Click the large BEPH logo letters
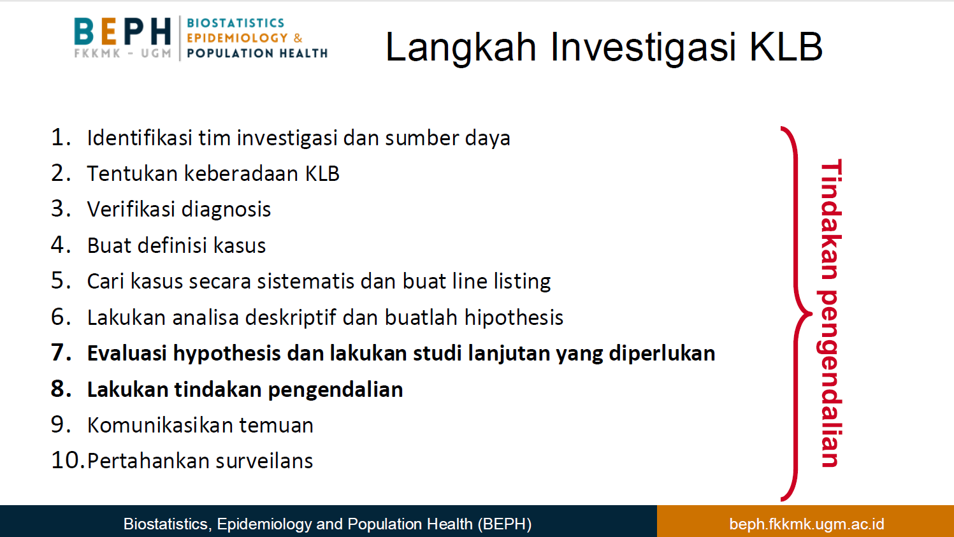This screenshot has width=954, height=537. (122, 31)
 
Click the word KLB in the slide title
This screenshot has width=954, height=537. (786, 47)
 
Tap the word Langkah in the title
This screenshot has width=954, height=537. (461, 47)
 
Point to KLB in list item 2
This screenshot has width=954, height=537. (322, 173)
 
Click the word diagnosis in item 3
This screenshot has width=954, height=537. (226, 210)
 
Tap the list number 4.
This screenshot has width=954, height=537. (61, 245)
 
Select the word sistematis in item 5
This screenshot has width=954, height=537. (305, 282)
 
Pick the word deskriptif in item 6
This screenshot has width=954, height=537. (291, 318)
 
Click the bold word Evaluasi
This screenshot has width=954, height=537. (127, 354)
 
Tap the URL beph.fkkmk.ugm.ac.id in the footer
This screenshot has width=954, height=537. (807, 524)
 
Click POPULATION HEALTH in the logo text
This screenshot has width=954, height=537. (257, 54)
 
